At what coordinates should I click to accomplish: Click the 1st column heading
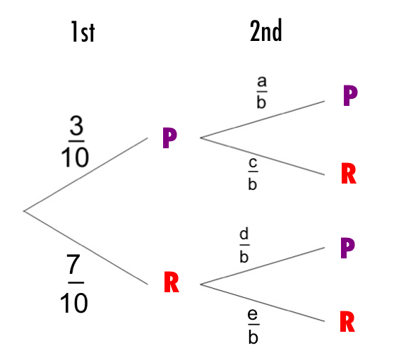coord(83,32)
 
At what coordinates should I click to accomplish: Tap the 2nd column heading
coord(265,30)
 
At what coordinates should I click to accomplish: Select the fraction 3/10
coord(75,141)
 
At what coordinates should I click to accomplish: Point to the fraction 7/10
coord(74,283)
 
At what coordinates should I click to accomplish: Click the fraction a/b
coord(262,92)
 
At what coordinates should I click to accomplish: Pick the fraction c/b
coord(253,174)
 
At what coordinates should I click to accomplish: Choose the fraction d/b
coord(244,246)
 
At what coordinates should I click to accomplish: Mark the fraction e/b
coord(253,327)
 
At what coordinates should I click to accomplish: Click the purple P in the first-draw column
coord(170,138)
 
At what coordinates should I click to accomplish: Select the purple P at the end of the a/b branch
coord(350,95)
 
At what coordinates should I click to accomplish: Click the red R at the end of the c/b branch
coord(349,174)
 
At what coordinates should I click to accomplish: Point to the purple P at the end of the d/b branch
coord(347,248)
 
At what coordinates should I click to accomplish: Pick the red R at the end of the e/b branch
coord(347,321)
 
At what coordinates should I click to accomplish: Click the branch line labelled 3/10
coord(85,174)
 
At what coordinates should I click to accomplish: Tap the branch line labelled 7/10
coord(85,248)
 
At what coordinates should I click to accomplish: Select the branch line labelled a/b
coord(263,119)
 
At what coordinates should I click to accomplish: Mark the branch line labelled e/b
coord(263,303)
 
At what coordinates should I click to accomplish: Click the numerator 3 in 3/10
coord(76,126)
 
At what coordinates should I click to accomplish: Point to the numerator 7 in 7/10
coord(73,265)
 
